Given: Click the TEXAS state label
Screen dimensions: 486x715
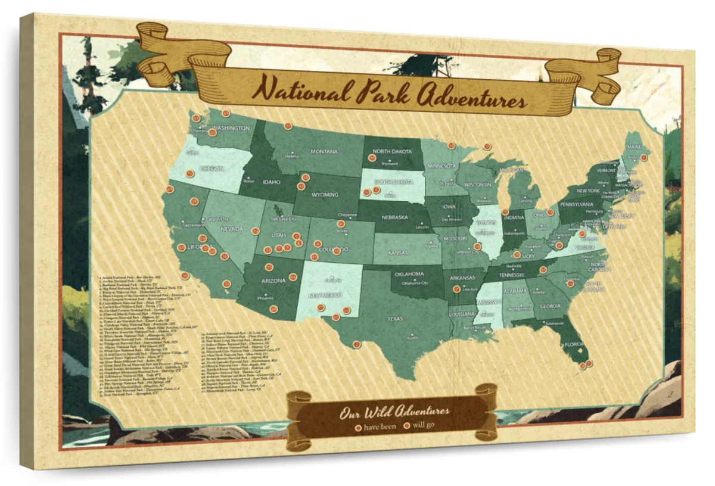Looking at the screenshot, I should coord(395,319).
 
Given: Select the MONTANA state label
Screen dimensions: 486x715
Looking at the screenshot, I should coord(324,151).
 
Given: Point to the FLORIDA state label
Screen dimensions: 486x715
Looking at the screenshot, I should coord(575,344).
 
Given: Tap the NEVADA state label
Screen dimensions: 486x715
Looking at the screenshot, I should coord(232,229).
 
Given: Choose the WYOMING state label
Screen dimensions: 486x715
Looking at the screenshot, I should coord(325,195).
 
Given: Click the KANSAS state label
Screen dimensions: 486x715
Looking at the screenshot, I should coord(397,253).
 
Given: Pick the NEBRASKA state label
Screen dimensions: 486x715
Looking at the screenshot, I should coord(394,217).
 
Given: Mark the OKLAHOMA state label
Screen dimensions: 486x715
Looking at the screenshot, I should coord(408,275).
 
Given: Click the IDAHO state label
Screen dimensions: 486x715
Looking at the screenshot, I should coord(271,182).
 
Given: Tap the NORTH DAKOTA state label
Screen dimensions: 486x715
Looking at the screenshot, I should coord(392,152).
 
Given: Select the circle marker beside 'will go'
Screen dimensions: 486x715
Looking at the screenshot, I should coord(408,426).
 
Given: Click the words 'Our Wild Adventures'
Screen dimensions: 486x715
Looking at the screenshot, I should coord(394,412).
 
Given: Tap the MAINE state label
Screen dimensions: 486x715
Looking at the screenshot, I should coord(633,147).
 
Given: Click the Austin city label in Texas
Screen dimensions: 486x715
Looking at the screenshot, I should coord(411,338).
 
